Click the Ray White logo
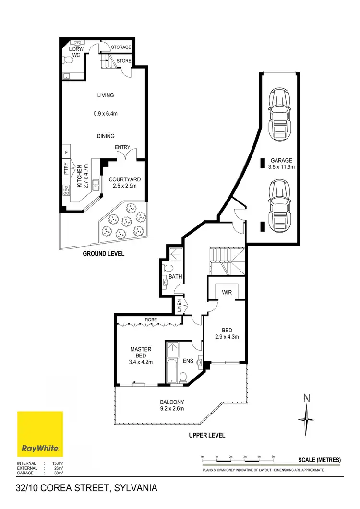coord(40,434)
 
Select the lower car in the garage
coord(279,202)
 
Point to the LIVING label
coord(105,95)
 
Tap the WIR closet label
coord(227,292)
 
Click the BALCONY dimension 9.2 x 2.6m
coord(172,409)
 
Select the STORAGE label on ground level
coord(121,47)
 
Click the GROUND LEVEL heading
coord(104,254)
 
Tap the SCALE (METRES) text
coord(319,460)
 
